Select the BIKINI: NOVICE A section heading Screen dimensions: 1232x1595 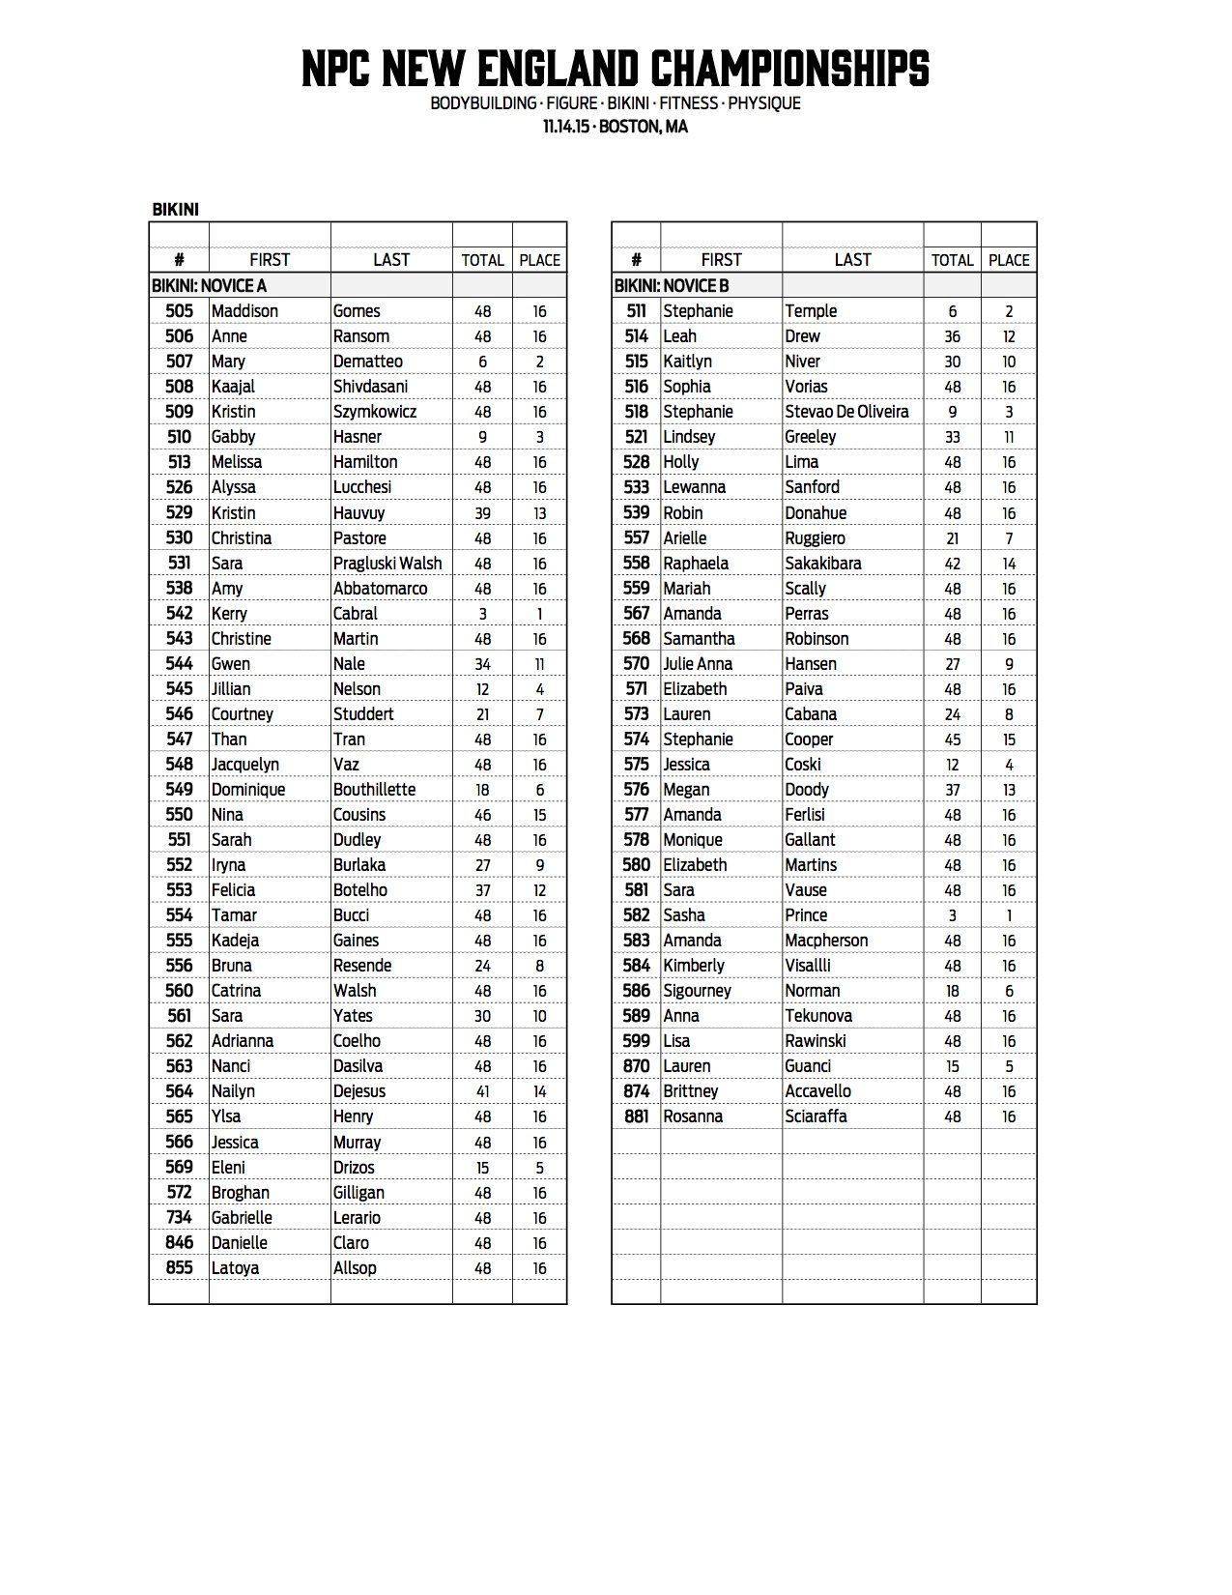click(x=209, y=286)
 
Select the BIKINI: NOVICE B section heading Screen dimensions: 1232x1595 click(x=672, y=286)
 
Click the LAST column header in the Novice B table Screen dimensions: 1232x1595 click(x=852, y=260)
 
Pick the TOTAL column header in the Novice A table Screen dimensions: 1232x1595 click(x=482, y=260)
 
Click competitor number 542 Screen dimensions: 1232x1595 click(x=180, y=614)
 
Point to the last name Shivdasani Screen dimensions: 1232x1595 click(x=370, y=387)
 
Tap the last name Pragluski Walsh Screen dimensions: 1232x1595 click(x=387, y=564)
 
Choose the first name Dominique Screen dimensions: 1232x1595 click(x=248, y=790)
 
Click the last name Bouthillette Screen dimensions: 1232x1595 click(x=374, y=790)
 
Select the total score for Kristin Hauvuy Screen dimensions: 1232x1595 click(x=482, y=513)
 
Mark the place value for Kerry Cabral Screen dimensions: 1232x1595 click(x=539, y=614)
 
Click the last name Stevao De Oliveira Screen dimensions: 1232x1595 click(x=846, y=412)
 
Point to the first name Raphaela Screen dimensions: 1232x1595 click(x=696, y=564)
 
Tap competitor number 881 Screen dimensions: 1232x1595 click(x=636, y=1116)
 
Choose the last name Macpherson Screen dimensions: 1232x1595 click(x=826, y=941)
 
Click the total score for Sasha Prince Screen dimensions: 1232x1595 click(x=952, y=915)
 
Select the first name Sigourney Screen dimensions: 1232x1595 click(x=697, y=991)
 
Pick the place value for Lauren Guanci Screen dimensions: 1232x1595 click(x=1009, y=1066)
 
